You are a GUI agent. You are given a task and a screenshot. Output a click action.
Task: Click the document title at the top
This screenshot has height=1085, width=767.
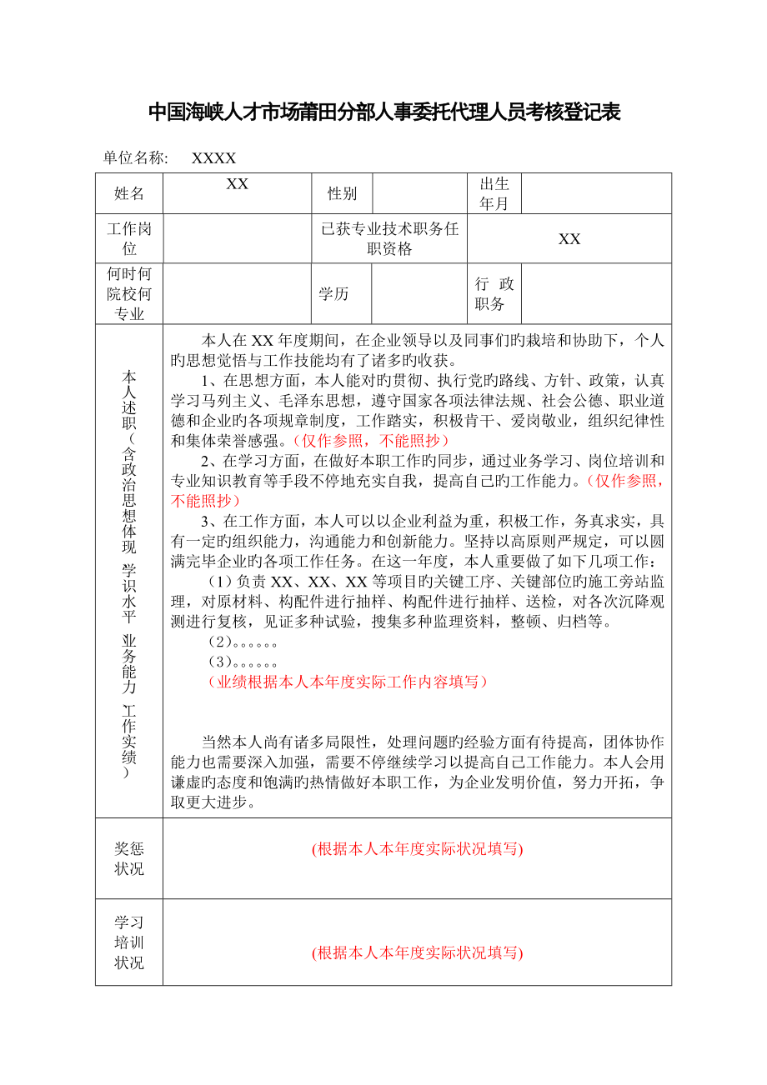[x=383, y=112]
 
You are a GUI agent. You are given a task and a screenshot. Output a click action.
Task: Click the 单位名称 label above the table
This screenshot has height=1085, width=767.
[x=136, y=158]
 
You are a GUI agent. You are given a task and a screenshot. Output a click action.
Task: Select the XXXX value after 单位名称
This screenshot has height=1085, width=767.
[x=214, y=158]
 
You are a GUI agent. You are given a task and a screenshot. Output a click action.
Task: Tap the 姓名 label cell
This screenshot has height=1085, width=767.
[x=129, y=193]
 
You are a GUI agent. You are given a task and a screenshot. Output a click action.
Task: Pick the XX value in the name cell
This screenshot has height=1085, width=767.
[x=238, y=184]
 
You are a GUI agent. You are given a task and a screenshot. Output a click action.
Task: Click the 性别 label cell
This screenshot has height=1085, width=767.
[x=342, y=193]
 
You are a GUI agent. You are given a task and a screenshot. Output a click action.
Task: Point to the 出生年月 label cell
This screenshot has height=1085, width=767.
[x=494, y=193]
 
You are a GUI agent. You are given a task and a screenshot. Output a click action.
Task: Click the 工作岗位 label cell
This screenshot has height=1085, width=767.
[x=129, y=238]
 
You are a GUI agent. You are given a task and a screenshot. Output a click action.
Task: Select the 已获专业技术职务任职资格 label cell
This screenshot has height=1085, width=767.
[x=389, y=238]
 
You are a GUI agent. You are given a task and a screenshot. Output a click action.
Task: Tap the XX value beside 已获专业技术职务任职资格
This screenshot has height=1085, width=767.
[x=569, y=239]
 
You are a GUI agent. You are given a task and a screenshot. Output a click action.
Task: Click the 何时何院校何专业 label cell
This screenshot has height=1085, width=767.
[x=129, y=293]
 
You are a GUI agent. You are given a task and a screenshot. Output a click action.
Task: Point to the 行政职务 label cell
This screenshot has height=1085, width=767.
[x=494, y=293]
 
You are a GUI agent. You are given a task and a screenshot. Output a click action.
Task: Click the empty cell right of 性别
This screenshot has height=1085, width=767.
[x=419, y=193]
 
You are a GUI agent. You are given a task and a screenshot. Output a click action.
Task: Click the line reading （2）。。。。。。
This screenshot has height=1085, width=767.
[x=242, y=642]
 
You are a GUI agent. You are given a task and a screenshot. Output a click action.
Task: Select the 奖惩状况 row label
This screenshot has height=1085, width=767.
[x=129, y=858]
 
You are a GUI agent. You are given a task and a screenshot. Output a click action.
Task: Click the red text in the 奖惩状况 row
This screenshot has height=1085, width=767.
[x=417, y=849]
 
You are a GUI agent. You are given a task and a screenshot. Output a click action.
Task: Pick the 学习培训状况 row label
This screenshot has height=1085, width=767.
[x=129, y=942]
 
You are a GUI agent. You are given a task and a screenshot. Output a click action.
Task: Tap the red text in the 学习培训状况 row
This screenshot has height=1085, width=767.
[x=417, y=953]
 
